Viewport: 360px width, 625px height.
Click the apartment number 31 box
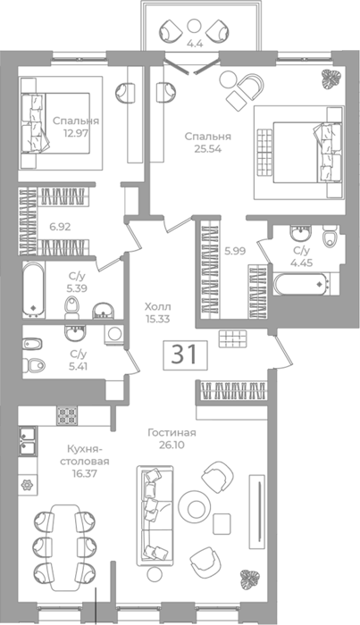pos(185,354)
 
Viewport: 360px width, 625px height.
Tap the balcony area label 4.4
pos(195,44)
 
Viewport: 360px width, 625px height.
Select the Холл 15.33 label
pos(157,312)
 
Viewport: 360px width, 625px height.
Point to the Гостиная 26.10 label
pos(172,438)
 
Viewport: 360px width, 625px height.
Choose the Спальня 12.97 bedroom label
pos(76,127)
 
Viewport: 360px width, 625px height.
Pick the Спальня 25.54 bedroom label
pos(208,142)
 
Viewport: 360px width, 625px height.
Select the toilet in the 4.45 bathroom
pos(331,237)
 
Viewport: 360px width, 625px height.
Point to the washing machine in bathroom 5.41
pos(115,334)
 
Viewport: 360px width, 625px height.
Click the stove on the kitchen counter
pos(67,416)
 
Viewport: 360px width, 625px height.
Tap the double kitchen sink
pos(28,441)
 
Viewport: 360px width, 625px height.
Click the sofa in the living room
pos(155,515)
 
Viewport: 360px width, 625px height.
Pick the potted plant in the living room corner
pos(250,579)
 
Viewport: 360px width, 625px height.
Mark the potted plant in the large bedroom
pos(331,79)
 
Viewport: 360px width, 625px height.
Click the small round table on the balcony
pos(194,26)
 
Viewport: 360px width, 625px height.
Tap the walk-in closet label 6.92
pos(60,227)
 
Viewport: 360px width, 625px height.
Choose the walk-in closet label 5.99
pos(235,251)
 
